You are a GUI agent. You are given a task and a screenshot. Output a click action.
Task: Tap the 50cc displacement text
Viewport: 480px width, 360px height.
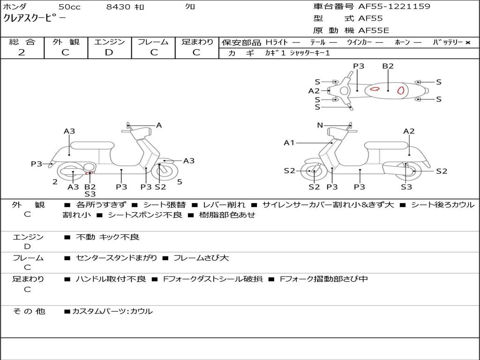[x=69, y=7]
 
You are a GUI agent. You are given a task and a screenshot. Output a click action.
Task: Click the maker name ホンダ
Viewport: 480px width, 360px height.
[x=15, y=7]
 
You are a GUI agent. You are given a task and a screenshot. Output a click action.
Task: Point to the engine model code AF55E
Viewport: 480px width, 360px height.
[x=374, y=31]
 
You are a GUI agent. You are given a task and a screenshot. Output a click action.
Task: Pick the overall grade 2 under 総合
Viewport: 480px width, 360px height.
[x=22, y=52]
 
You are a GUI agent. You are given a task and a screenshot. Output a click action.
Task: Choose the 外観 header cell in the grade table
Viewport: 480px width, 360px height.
[x=66, y=42]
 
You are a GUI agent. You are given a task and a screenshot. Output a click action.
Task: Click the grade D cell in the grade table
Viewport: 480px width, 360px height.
[x=109, y=52]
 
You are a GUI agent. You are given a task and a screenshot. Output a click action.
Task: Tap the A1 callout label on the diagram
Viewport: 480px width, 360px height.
[x=289, y=142]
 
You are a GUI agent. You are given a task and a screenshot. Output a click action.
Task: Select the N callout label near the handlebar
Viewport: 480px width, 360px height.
[x=320, y=125]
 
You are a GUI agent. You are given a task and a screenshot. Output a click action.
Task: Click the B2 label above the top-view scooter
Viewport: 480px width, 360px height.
[x=388, y=66]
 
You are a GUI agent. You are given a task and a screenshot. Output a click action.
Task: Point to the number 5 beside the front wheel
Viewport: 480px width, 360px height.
[x=180, y=182]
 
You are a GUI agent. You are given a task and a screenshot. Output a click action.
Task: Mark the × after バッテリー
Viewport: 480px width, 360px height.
[x=467, y=43]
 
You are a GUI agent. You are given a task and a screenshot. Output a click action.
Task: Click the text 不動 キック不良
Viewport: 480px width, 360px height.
[x=107, y=237]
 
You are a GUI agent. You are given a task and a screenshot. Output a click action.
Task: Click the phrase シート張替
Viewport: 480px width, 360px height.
[x=164, y=205]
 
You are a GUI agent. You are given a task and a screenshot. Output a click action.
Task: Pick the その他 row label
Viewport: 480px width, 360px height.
[x=29, y=311]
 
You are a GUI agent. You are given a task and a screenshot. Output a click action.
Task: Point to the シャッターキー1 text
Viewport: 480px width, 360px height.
[x=310, y=53]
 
